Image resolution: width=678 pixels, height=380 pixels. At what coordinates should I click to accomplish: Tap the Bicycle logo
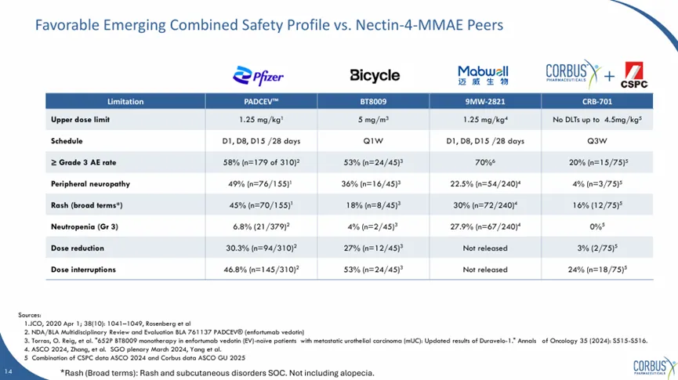pyautogui.click(x=375, y=75)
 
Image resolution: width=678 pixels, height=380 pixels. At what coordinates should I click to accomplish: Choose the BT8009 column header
pyautogui.click(x=375, y=102)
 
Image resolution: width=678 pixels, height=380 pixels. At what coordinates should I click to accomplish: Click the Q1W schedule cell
pyautogui.click(x=375, y=141)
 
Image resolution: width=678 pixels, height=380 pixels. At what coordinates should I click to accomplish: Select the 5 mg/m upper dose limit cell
pyautogui.click(x=375, y=120)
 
